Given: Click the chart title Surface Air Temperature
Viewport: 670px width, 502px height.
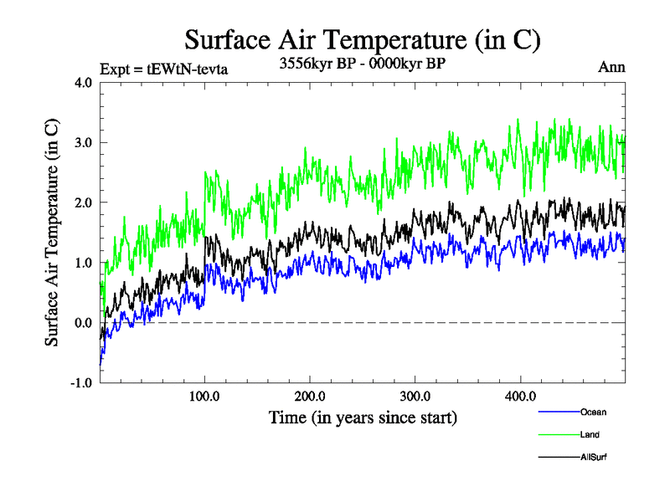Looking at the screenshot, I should pyautogui.click(x=362, y=39).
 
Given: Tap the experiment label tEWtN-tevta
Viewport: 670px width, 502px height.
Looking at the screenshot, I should pyautogui.click(x=163, y=68).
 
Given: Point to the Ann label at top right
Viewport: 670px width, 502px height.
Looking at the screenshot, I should pyautogui.click(x=611, y=67).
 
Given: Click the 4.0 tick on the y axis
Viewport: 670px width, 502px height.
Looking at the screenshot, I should pyautogui.click(x=84, y=82).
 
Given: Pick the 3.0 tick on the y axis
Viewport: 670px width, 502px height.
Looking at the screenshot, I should pyautogui.click(x=84, y=142).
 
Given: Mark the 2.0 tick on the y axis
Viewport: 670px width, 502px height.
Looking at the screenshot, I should pyautogui.click(x=84, y=202).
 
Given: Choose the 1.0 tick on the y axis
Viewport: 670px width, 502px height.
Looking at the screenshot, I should pyautogui.click(x=84, y=263).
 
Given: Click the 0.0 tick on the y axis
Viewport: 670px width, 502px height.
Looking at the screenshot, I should pyautogui.click(x=84, y=323).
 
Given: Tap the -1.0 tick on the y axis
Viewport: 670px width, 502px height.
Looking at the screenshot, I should pyautogui.click(x=81, y=383).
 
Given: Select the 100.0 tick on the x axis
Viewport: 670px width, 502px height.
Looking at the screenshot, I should pyautogui.click(x=205, y=396).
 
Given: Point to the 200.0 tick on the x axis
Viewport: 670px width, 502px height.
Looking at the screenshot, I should pyautogui.click(x=310, y=396).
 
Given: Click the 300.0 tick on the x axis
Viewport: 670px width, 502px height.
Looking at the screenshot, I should pyautogui.click(x=415, y=396).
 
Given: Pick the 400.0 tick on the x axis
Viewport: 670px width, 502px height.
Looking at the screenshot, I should pyautogui.click(x=520, y=396).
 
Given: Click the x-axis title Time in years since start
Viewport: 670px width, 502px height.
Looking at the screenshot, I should pyautogui.click(x=363, y=417).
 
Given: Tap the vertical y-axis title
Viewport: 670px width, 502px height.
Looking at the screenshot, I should pyautogui.click(x=52, y=233).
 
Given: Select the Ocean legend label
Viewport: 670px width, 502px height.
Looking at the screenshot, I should pyautogui.click(x=592, y=412).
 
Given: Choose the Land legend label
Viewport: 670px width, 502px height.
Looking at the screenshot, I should pyautogui.click(x=590, y=434).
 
